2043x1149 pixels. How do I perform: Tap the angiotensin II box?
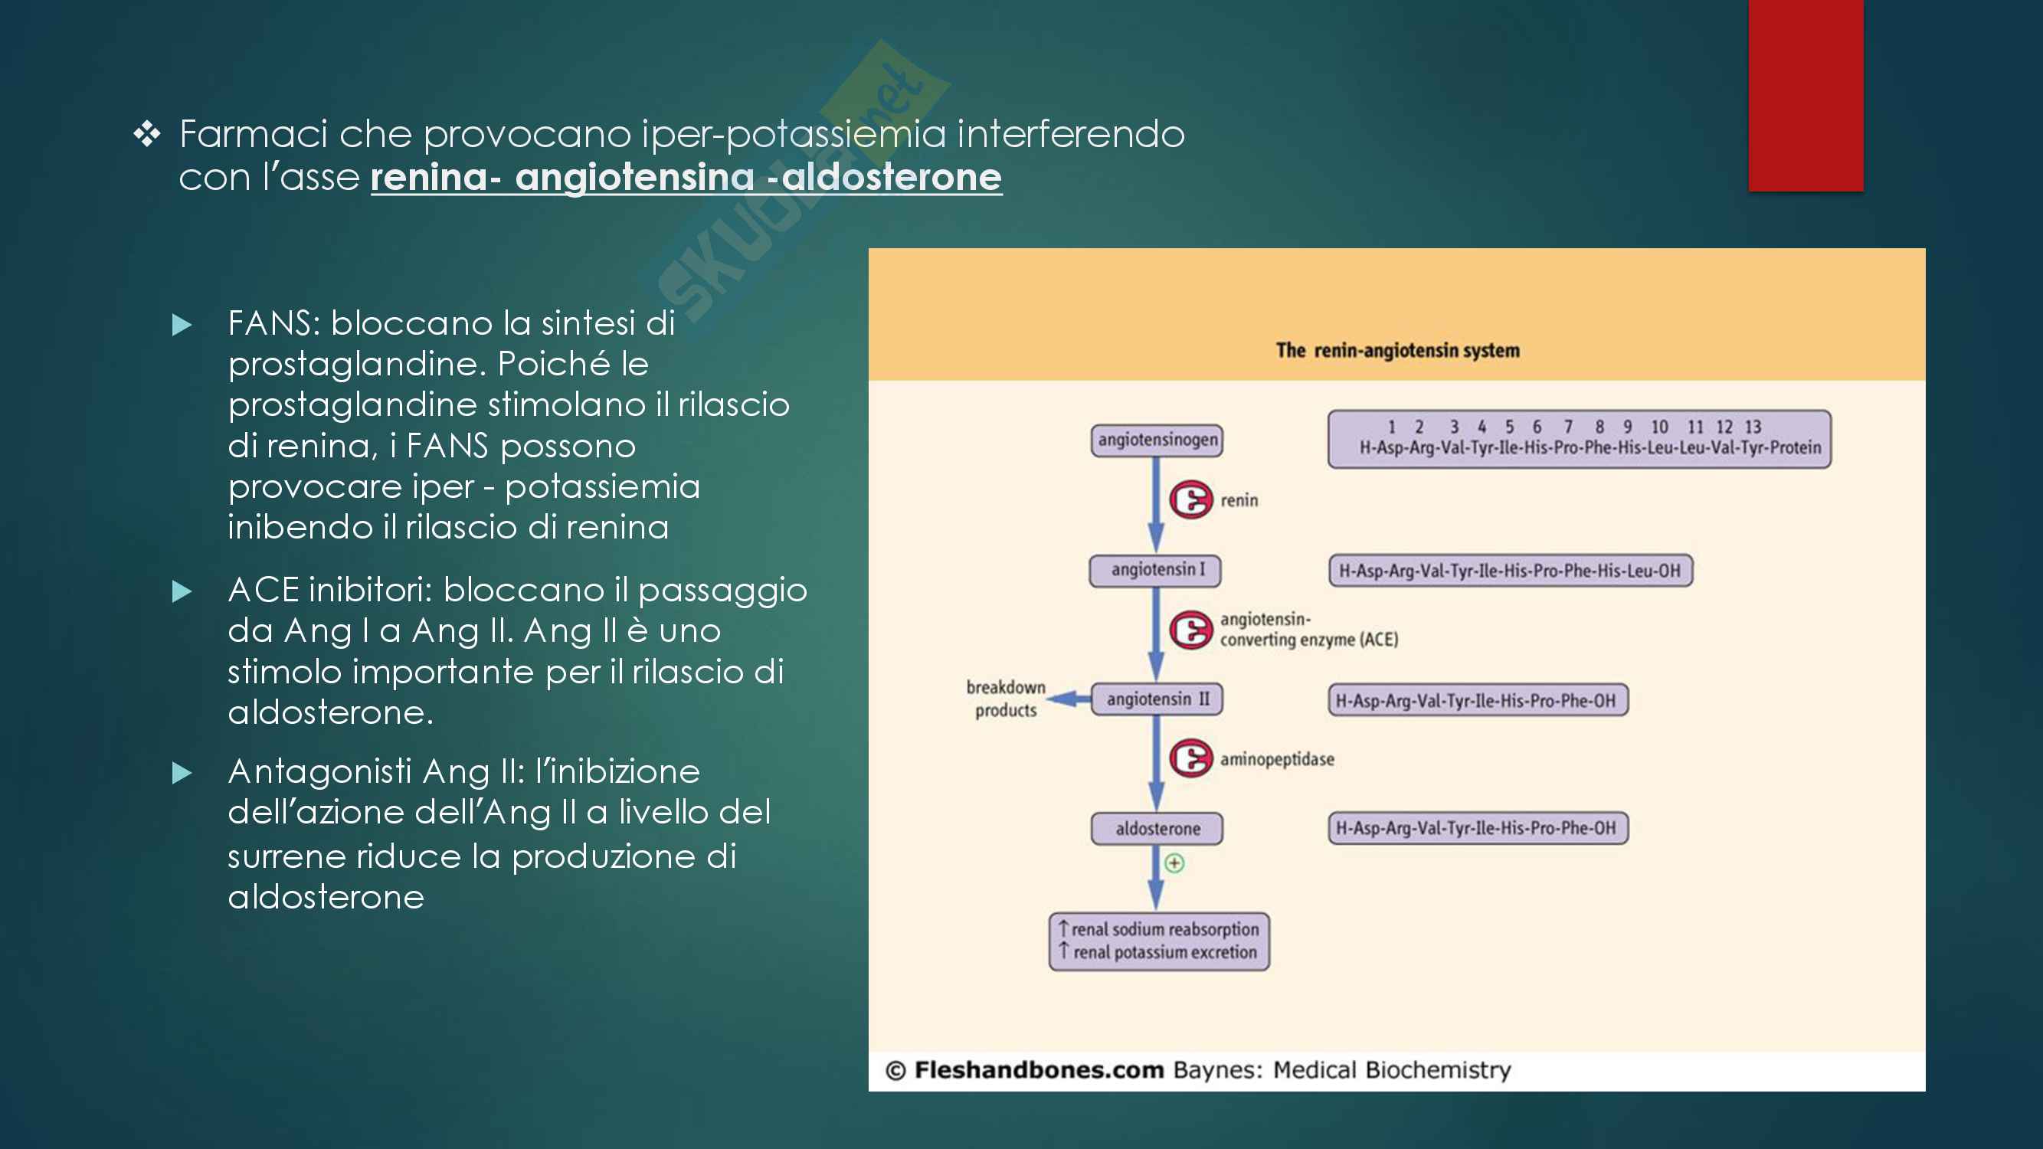[1157, 699]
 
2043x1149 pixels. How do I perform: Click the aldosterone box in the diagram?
[1157, 829]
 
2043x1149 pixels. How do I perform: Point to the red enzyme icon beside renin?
[1190, 499]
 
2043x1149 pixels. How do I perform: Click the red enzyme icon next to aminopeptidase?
[1190, 758]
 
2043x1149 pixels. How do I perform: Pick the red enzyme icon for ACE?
[1190, 630]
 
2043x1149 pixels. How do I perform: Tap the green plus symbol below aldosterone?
[1174, 863]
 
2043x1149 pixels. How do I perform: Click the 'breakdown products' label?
[1006, 699]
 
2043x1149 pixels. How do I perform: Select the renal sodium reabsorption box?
[1159, 941]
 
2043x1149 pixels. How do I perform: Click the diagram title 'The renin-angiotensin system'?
[1397, 351]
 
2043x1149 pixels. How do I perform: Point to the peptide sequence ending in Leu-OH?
[1510, 571]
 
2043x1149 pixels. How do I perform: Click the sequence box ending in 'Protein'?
[1579, 439]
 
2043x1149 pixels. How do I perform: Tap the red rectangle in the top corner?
[1806, 95]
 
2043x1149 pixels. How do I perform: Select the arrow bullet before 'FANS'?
[182, 325]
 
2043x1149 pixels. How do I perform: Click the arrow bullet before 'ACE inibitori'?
[182, 591]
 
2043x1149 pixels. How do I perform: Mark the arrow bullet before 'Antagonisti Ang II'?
[182, 773]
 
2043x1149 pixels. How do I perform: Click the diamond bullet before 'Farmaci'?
[147, 134]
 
